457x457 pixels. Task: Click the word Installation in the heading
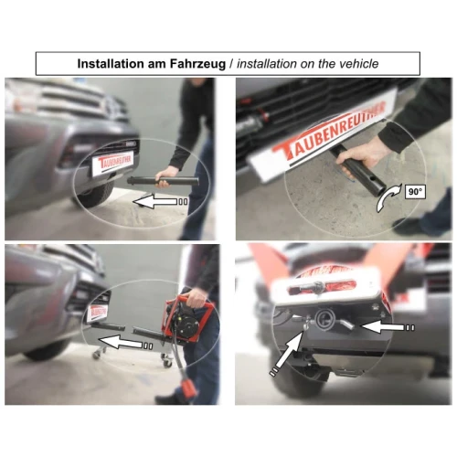[111, 64]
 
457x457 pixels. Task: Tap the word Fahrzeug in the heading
[197, 64]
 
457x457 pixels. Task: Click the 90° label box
[415, 192]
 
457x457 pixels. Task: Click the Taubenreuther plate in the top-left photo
[112, 163]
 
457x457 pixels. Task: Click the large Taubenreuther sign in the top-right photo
[323, 134]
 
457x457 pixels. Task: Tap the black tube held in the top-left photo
[164, 181]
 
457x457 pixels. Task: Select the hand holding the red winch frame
[197, 297]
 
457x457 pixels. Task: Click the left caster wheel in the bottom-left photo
[97, 354]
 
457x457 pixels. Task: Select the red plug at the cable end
[189, 387]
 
